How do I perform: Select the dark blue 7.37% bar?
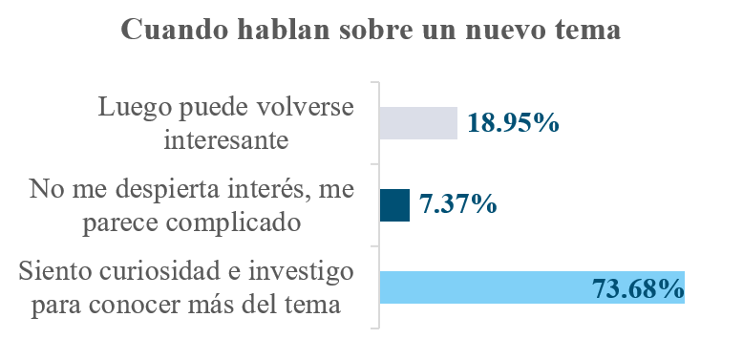[394, 205]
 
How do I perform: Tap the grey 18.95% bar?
[418, 123]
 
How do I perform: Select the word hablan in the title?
[284, 30]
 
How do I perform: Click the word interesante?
[226, 140]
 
